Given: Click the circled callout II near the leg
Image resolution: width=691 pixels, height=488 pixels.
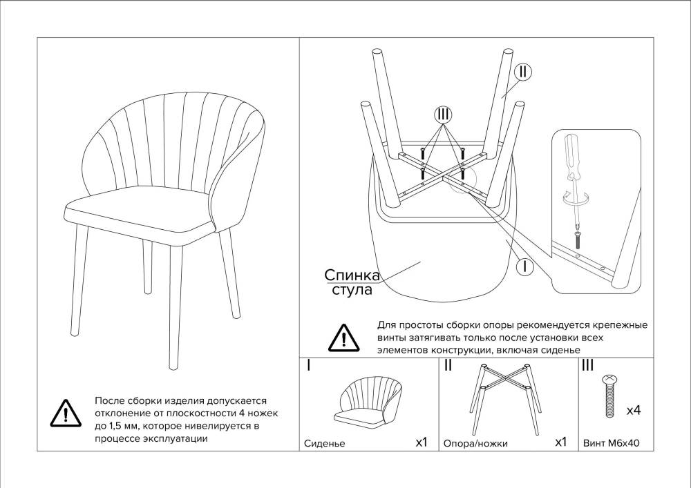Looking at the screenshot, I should (x=523, y=72).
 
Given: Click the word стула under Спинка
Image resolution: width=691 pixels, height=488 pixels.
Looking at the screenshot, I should (x=352, y=290).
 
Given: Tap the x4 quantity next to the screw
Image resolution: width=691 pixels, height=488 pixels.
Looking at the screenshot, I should (x=633, y=411).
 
